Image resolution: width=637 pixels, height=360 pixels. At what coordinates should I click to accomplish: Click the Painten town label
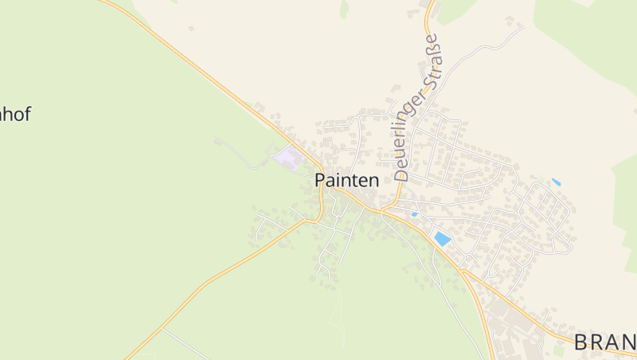point(346,180)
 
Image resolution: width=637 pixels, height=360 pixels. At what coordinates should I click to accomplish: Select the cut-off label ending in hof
point(14,114)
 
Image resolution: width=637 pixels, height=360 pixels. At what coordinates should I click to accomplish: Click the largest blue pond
point(442,238)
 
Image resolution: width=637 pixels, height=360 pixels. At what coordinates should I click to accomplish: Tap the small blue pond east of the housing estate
point(556,182)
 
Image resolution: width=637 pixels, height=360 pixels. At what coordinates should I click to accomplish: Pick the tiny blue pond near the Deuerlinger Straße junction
point(414,214)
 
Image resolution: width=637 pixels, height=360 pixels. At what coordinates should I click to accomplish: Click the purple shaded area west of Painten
point(289,157)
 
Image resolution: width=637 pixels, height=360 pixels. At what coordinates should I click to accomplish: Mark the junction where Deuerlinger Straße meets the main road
point(382,212)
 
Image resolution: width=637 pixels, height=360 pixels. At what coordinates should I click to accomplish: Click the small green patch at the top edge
point(344,9)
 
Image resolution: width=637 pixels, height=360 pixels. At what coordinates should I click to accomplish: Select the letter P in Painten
point(320,180)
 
